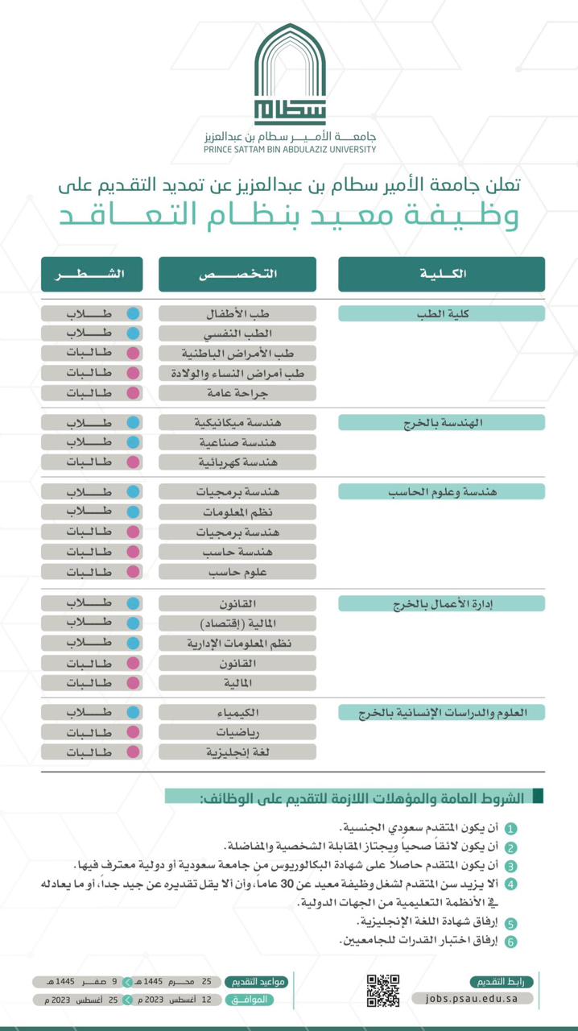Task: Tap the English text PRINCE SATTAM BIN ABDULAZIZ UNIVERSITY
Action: point(290,149)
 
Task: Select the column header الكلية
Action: point(441,274)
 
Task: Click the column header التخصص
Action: point(237,274)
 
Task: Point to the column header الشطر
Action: point(92,274)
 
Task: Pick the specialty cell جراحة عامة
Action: point(237,393)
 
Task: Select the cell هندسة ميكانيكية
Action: point(237,422)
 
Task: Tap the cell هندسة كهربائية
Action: point(237,462)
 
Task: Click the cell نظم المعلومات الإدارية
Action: point(237,643)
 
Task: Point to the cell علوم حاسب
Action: point(237,571)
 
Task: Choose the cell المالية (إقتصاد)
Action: point(237,623)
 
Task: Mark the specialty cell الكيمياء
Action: point(237,713)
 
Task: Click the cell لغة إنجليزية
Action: point(237,752)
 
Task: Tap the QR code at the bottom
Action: point(383,990)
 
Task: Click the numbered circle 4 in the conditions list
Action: point(511,885)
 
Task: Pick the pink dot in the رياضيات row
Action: point(133,733)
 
